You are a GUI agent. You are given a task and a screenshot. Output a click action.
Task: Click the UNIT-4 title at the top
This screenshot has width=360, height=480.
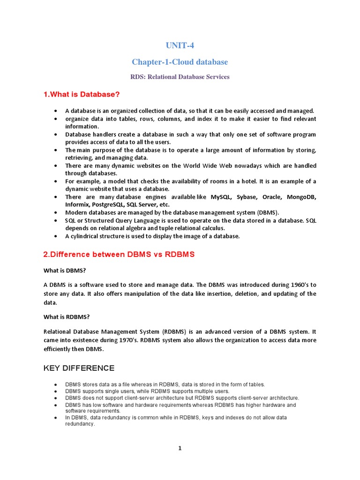tap(180, 45)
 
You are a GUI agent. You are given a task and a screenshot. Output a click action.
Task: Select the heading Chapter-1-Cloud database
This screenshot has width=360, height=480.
tap(180, 62)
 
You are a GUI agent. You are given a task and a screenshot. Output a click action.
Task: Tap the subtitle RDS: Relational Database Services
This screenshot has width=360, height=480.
tap(180, 77)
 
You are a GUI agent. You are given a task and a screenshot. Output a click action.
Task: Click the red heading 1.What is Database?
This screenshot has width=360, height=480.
tap(82, 95)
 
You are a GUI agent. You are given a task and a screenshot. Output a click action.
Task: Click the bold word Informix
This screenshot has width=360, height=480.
tap(75, 204)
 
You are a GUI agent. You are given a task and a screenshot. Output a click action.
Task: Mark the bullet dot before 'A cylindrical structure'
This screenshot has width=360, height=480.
tap(56, 236)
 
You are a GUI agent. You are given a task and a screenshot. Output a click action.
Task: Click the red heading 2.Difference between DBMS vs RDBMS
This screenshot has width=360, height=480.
tap(119, 255)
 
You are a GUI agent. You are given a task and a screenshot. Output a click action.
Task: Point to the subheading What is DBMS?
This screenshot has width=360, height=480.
tap(65, 270)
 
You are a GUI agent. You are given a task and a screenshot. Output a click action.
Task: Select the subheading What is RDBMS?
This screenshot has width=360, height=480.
tap(67, 317)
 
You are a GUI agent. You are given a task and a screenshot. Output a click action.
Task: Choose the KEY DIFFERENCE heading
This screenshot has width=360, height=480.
tap(79, 368)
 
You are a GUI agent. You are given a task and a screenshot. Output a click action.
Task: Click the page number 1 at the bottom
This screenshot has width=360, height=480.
tap(180, 448)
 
